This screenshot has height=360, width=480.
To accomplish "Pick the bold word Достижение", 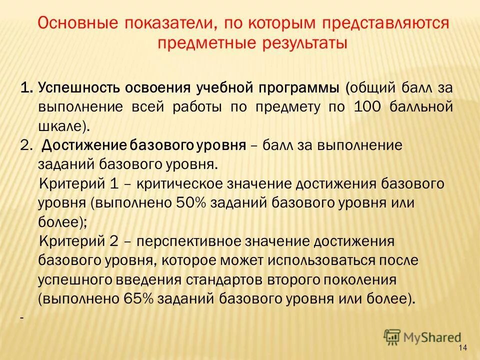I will click(x=83, y=145).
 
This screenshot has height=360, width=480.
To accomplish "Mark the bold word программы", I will click(x=271, y=88).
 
